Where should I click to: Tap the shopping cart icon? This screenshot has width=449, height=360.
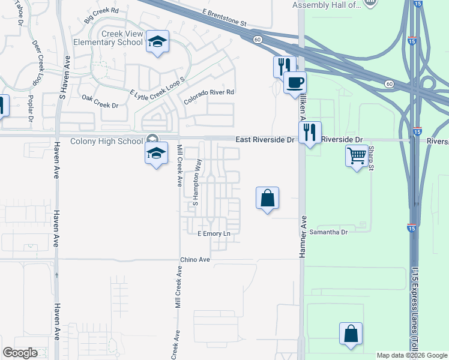click(357, 156)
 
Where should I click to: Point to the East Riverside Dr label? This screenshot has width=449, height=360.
click(264, 139)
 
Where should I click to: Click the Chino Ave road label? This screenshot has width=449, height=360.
click(195, 260)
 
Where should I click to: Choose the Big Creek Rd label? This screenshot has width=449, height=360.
click(102, 15)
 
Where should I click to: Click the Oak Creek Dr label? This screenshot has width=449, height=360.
click(100, 101)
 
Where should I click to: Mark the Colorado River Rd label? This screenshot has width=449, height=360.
click(208, 97)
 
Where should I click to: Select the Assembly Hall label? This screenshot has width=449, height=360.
click(327, 5)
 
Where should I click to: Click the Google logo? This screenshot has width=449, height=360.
click(20, 353)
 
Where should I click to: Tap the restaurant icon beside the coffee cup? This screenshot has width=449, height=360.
click(283, 65)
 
